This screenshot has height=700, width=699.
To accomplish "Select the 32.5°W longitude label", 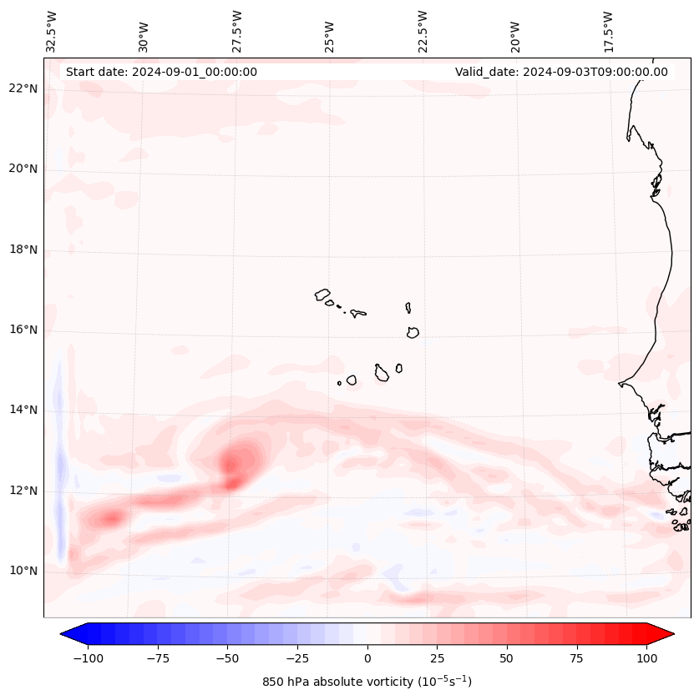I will pyautogui.click(x=52, y=32).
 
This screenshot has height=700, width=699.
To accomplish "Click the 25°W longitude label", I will pyautogui.click(x=330, y=32).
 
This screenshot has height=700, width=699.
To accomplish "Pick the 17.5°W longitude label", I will pyautogui.click(x=608, y=32).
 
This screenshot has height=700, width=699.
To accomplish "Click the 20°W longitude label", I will pyautogui.click(x=515, y=32).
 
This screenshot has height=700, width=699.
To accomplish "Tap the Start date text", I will pyautogui.click(x=161, y=72).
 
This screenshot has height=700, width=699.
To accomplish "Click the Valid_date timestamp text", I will pyautogui.click(x=561, y=72).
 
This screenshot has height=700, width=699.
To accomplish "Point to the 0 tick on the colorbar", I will pyautogui.click(x=367, y=659).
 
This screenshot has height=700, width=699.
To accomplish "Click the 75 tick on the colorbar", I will pyautogui.click(x=576, y=659).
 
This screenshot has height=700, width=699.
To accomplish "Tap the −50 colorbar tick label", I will pyautogui.click(x=228, y=659).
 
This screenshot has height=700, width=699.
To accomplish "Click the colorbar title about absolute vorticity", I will pyautogui.click(x=367, y=682).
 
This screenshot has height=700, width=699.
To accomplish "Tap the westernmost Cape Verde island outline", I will pyautogui.click(x=322, y=295).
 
